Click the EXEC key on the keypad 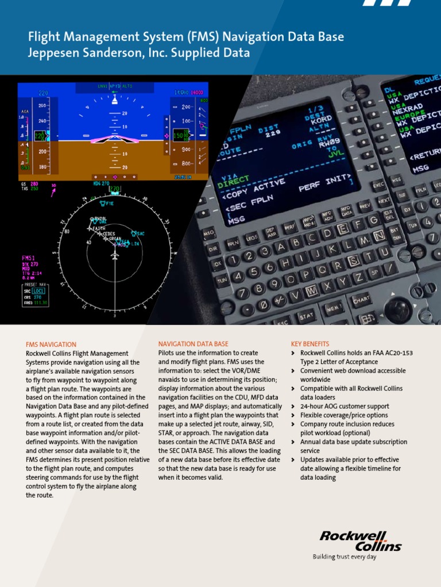tap(378, 185)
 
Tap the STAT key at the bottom tap(306, 316)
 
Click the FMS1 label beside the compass tap(29, 258)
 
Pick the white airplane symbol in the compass tap(115, 256)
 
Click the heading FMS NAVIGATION tap(51, 345)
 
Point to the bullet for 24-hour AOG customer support tap(294, 406)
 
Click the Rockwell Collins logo tap(361, 541)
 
